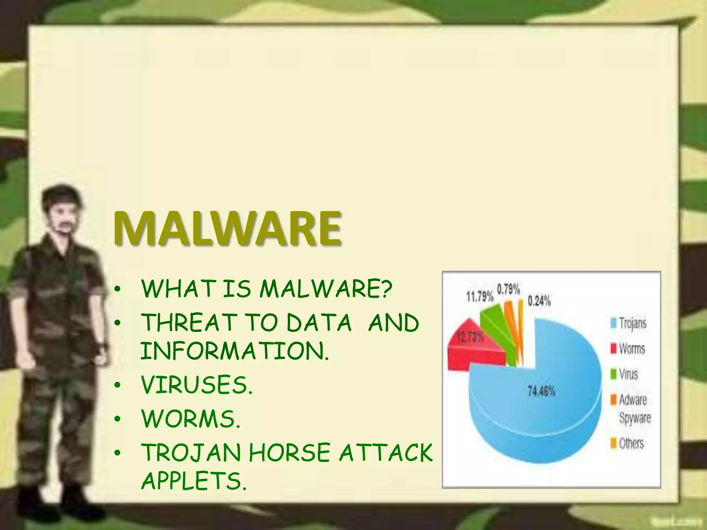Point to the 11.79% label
click(480, 297)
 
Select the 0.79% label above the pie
click(508, 289)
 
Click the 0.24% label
click(539, 301)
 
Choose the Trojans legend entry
click(632, 323)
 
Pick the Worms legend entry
click(632, 349)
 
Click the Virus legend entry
click(628, 374)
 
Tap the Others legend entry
click(631, 443)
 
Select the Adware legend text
click(632, 400)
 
